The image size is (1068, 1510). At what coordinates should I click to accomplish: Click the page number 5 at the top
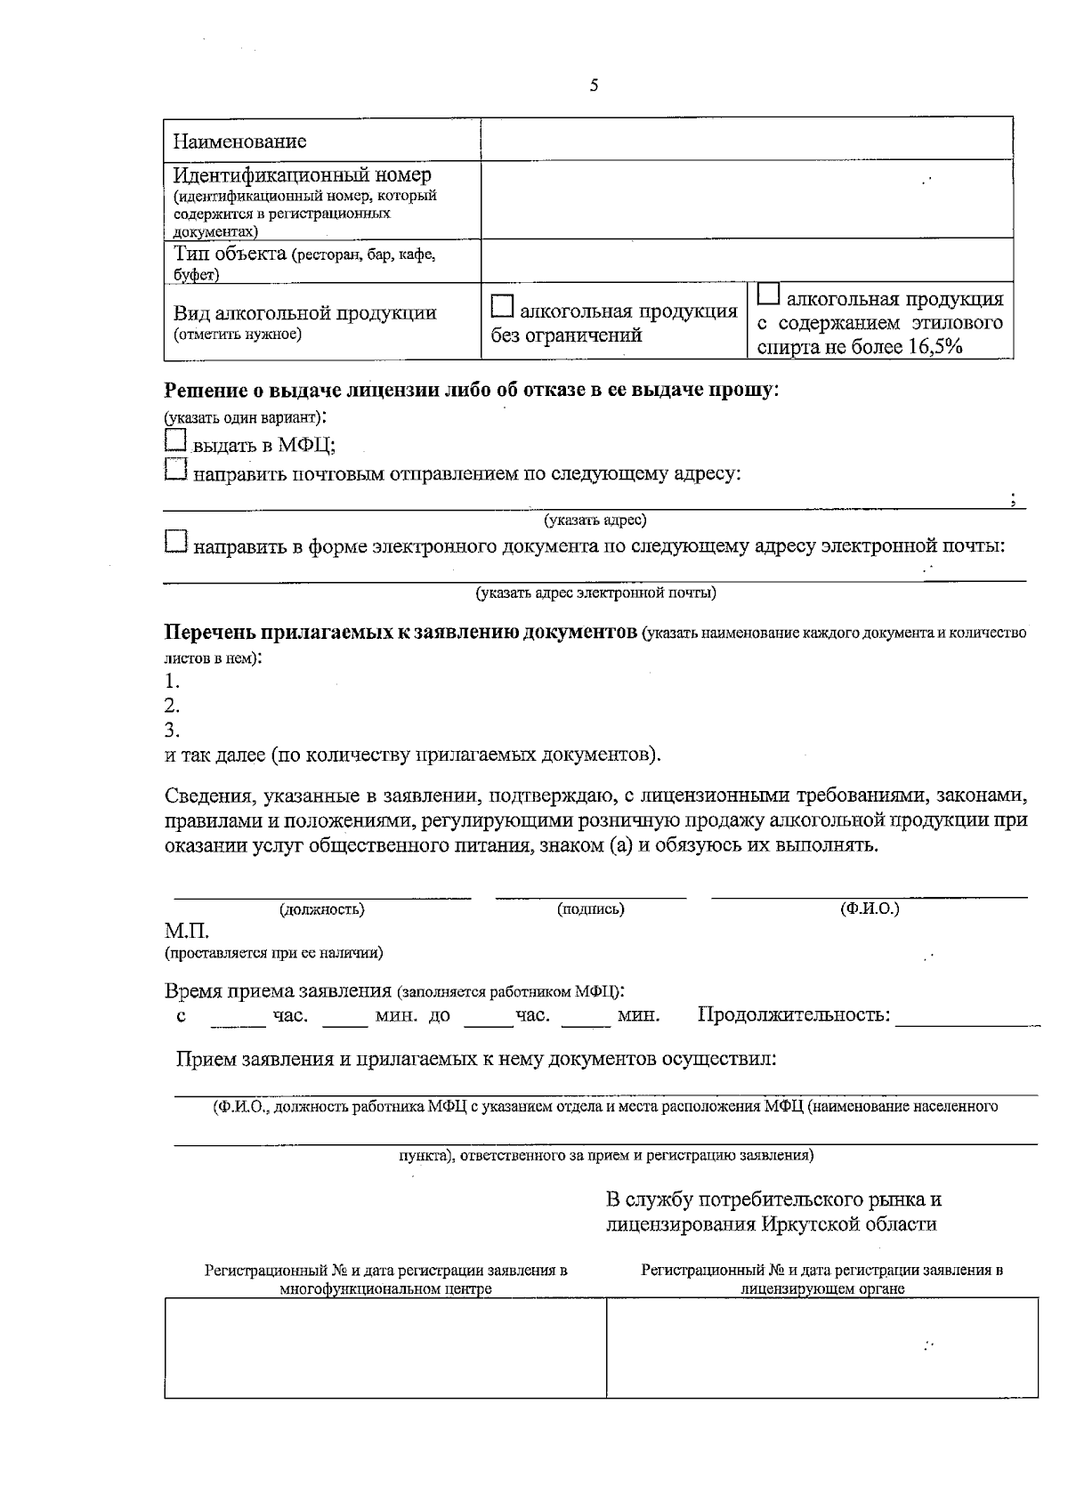594,86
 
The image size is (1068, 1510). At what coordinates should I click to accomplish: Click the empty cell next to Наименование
746,140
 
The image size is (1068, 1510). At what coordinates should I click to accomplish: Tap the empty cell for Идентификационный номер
746,199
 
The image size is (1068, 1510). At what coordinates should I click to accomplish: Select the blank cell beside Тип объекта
746,261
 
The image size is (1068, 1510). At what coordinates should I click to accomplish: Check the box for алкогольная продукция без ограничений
503,308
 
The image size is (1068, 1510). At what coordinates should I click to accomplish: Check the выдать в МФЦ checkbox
176,441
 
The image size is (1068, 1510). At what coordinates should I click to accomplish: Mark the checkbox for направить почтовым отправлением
176,470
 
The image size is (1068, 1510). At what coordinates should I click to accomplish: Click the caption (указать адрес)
595,520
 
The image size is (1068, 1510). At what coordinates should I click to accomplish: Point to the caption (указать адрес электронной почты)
595,592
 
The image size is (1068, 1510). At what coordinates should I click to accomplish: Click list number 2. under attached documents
173,707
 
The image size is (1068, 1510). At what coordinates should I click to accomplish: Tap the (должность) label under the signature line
322,909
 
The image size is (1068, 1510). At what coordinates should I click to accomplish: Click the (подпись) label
590,909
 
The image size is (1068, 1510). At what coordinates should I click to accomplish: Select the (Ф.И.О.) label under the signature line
870,909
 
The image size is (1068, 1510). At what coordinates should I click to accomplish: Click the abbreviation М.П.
186,932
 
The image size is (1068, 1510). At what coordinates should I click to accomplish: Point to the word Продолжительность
793,1014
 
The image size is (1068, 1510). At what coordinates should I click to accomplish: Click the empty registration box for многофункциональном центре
384,1346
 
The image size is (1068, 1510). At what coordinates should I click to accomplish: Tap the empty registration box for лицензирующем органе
821,1346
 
